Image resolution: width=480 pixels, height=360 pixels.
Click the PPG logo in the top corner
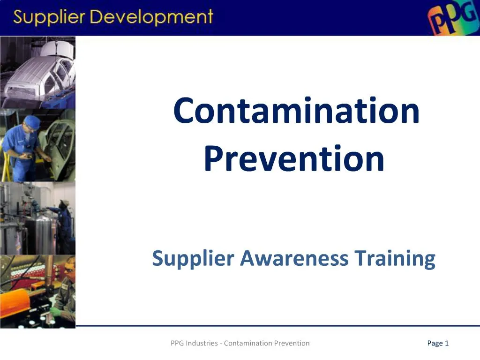[x=452, y=19]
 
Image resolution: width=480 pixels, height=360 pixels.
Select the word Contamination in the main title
[x=296, y=111]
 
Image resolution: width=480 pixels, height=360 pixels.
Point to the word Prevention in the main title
[x=294, y=158]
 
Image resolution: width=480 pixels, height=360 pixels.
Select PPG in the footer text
[x=177, y=343]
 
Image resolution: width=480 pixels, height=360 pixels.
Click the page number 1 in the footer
[x=447, y=343]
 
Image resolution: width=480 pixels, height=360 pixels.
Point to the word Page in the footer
[x=435, y=344]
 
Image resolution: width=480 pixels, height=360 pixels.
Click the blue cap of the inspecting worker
[x=32, y=121]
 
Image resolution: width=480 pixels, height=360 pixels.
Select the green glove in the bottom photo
[x=56, y=311]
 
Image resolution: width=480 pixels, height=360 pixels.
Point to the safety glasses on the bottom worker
[x=69, y=271]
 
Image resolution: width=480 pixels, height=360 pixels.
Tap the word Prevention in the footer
[x=292, y=343]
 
